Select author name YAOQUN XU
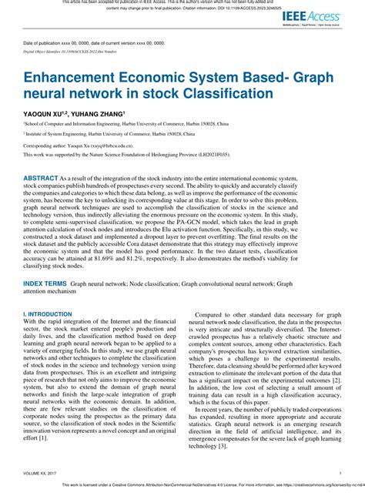[45, 112]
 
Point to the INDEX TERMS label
[45, 327]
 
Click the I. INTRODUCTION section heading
[48, 357]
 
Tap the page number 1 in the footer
[340, 474]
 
